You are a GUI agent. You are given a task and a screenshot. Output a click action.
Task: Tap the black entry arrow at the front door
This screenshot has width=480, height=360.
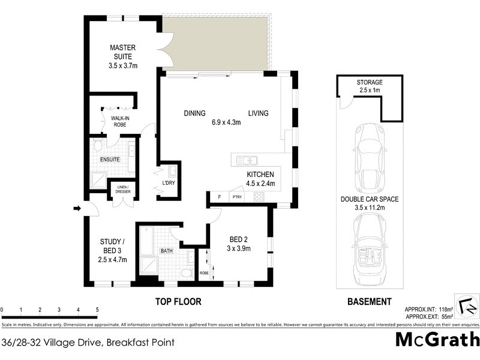coord(76,208)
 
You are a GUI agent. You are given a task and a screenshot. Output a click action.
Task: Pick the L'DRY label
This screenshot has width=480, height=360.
coord(168,184)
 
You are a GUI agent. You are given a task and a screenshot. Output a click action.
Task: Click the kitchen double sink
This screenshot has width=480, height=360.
coord(247,160)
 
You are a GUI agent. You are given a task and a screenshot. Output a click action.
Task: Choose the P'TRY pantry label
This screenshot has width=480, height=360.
coord(237,196)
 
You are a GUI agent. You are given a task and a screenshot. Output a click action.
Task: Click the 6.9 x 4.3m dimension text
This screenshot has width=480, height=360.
coord(226,123)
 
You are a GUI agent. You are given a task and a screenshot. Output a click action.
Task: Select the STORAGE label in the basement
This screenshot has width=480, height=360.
coord(369,82)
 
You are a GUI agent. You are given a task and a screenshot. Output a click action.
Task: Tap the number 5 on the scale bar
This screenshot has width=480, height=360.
coord(97,310)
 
